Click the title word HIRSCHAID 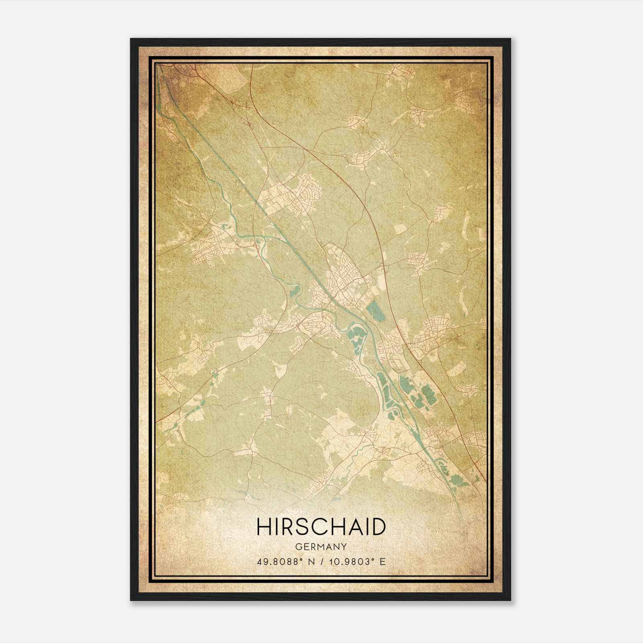click(x=321, y=527)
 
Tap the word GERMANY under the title click(x=321, y=547)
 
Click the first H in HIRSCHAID click(x=263, y=527)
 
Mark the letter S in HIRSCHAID click(x=302, y=527)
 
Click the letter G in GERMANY click(x=298, y=547)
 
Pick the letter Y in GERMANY click(x=344, y=547)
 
